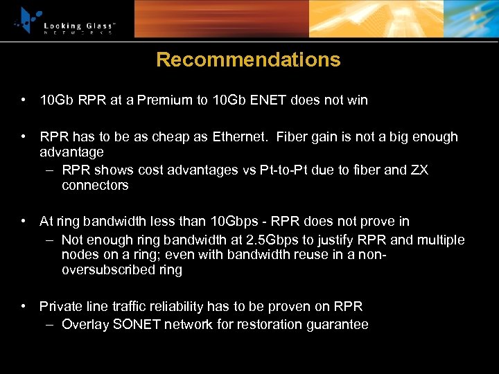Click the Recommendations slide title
(x=248, y=60)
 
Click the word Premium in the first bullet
(x=166, y=100)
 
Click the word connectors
(x=95, y=186)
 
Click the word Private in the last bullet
(x=61, y=307)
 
